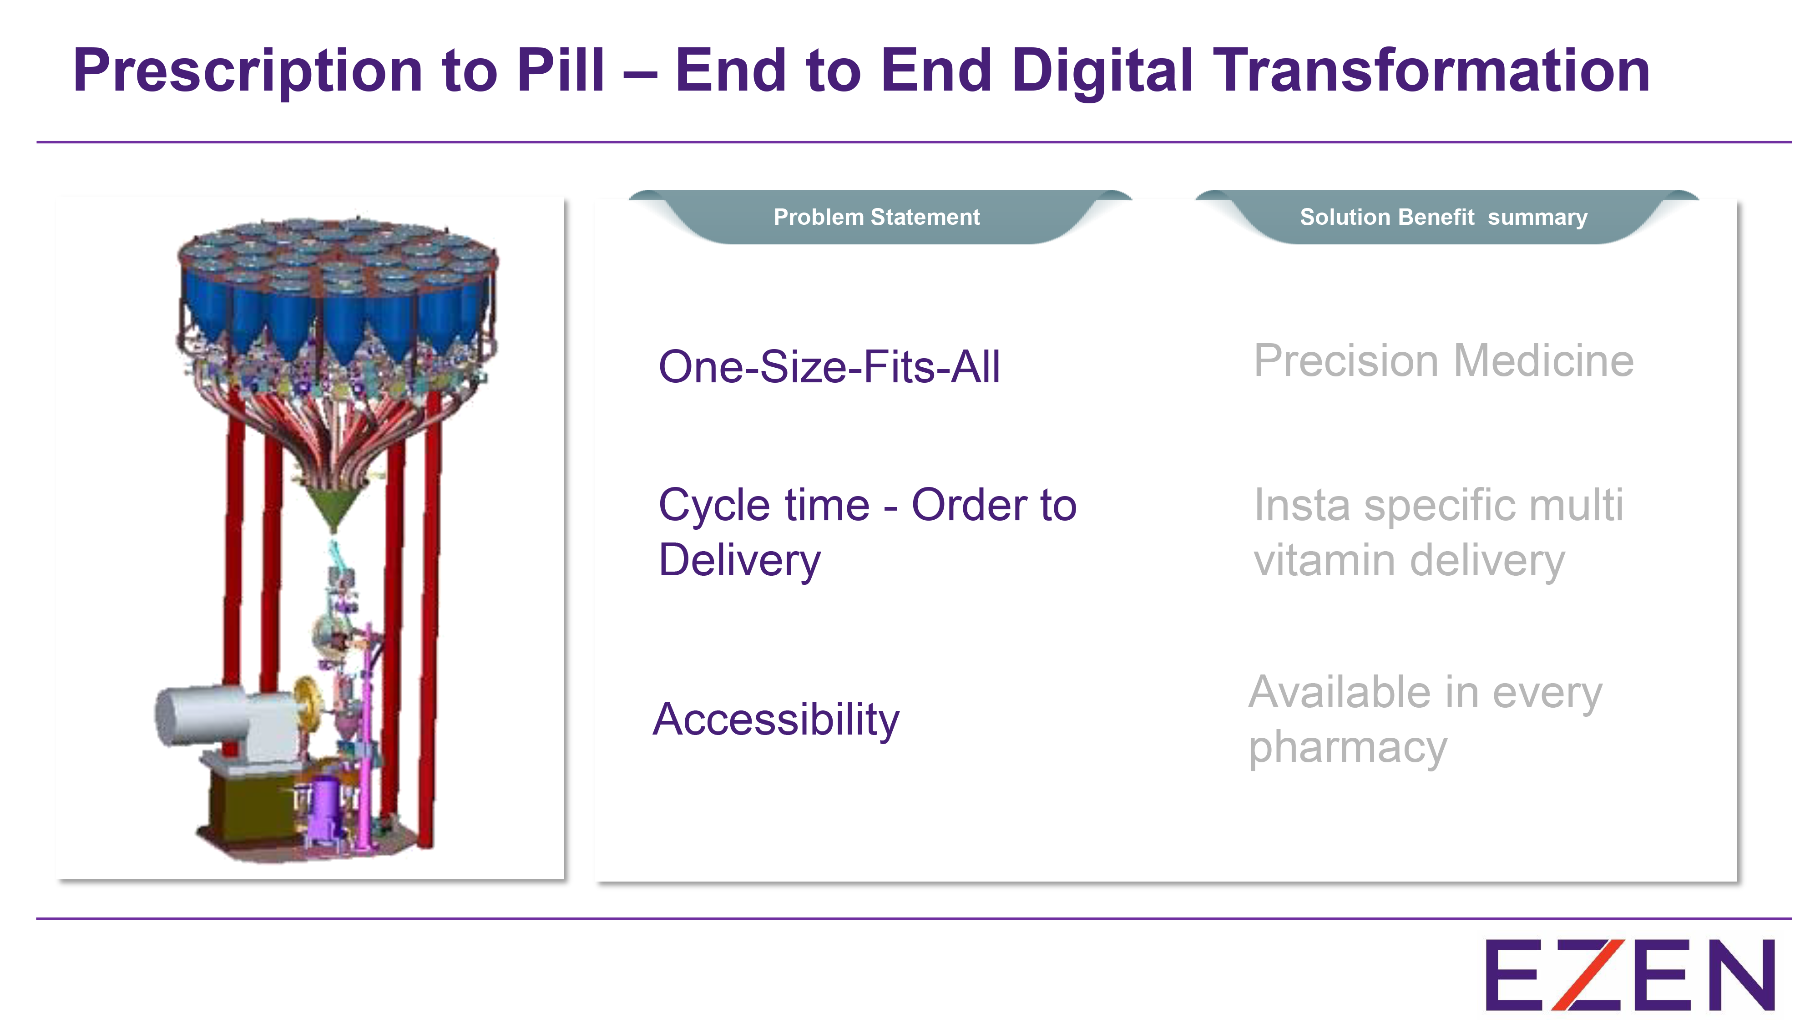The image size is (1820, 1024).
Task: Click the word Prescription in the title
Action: point(247,71)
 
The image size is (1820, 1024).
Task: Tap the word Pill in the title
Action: point(560,71)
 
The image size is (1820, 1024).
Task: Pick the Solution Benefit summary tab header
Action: point(1443,217)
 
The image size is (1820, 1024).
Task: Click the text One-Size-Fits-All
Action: point(829,367)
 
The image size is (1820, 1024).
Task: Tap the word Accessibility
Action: point(776,720)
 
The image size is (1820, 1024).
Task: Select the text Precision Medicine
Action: point(1443,361)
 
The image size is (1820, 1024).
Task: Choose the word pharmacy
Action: point(1347,748)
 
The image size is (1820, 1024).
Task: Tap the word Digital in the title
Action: point(1102,71)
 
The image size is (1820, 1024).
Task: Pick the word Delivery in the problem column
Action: point(739,560)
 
